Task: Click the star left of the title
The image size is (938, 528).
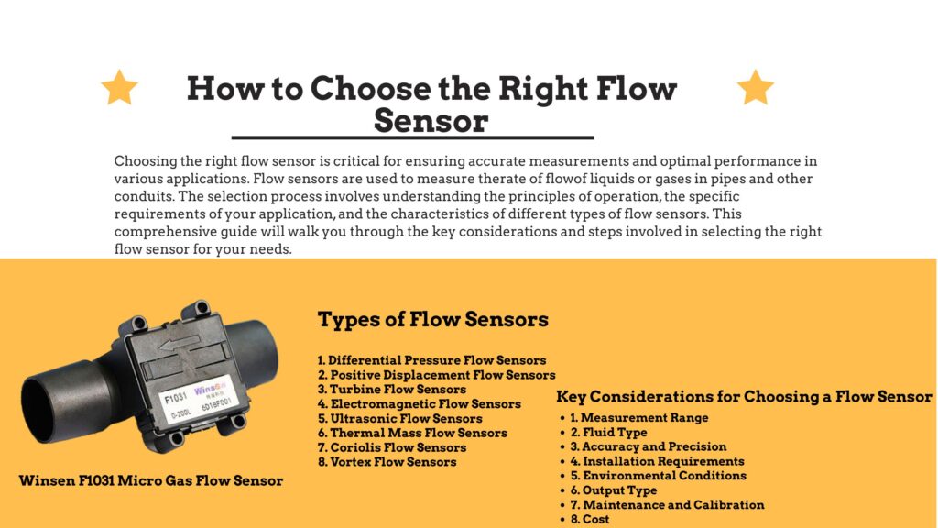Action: click(119, 87)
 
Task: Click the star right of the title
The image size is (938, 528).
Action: click(756, 87)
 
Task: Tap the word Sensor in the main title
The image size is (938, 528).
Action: click(431, 121)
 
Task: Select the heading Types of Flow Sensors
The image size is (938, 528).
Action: click(432, 320)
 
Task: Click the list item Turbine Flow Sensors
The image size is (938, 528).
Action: click(392, 390)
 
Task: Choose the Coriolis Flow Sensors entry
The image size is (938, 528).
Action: click(392, 447)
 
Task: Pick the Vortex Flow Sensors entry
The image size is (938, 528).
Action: click(387, 462)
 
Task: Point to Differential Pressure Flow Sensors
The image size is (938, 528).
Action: click(431, 360)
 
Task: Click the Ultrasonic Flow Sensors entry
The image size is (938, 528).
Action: click(399, 418)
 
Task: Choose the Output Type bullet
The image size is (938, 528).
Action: click(614, 490)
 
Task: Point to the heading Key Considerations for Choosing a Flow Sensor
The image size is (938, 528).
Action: click(744, 397)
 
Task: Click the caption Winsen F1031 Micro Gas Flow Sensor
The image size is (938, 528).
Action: click(151, 480)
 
